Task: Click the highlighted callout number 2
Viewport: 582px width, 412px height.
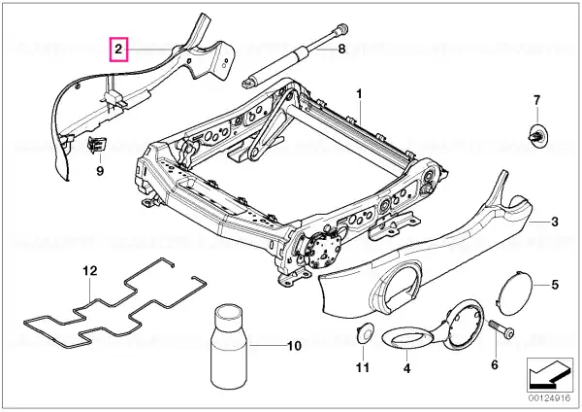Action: pyautogui.click(x=118, y=48)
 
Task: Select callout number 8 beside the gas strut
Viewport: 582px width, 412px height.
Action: pyautogui.click(x=341, y=47)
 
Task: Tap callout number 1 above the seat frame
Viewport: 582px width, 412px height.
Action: pyautogui.click(x=358, y=94)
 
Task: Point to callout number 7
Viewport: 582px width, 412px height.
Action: pyautogui.click(x=535, y=100)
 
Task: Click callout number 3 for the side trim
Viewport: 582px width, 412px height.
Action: pyautogui.click(x=554, y=223)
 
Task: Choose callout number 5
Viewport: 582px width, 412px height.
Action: pyautogui.click(x=555, y=285)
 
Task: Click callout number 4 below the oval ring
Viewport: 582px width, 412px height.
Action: pyautogui.click(x=406, y=369)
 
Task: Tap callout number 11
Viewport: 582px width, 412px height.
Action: pyautogui.click(x=363, y=367)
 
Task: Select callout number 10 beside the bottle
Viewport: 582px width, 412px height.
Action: pyautogui.click(x=295, y=345)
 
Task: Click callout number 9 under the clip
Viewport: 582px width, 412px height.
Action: pyautogui.click(x=98, y=171)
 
